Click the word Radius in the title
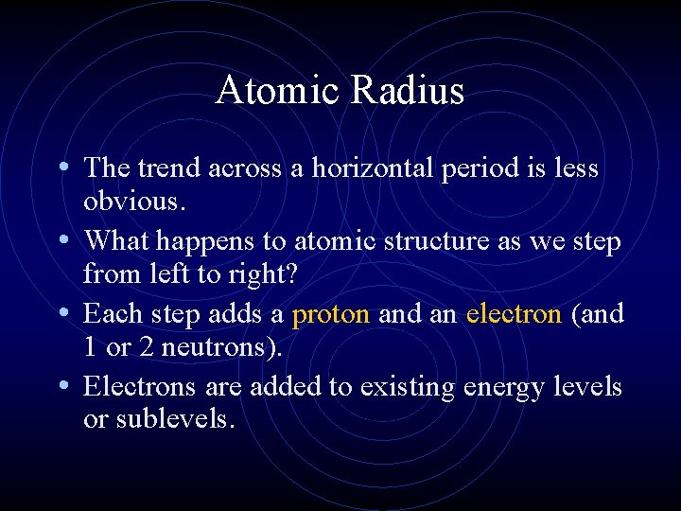click(x=409, y=91)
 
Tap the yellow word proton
click(x=331, y=314)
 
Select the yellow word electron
click(x=515, y=314)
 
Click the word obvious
click(x=130, y=201)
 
